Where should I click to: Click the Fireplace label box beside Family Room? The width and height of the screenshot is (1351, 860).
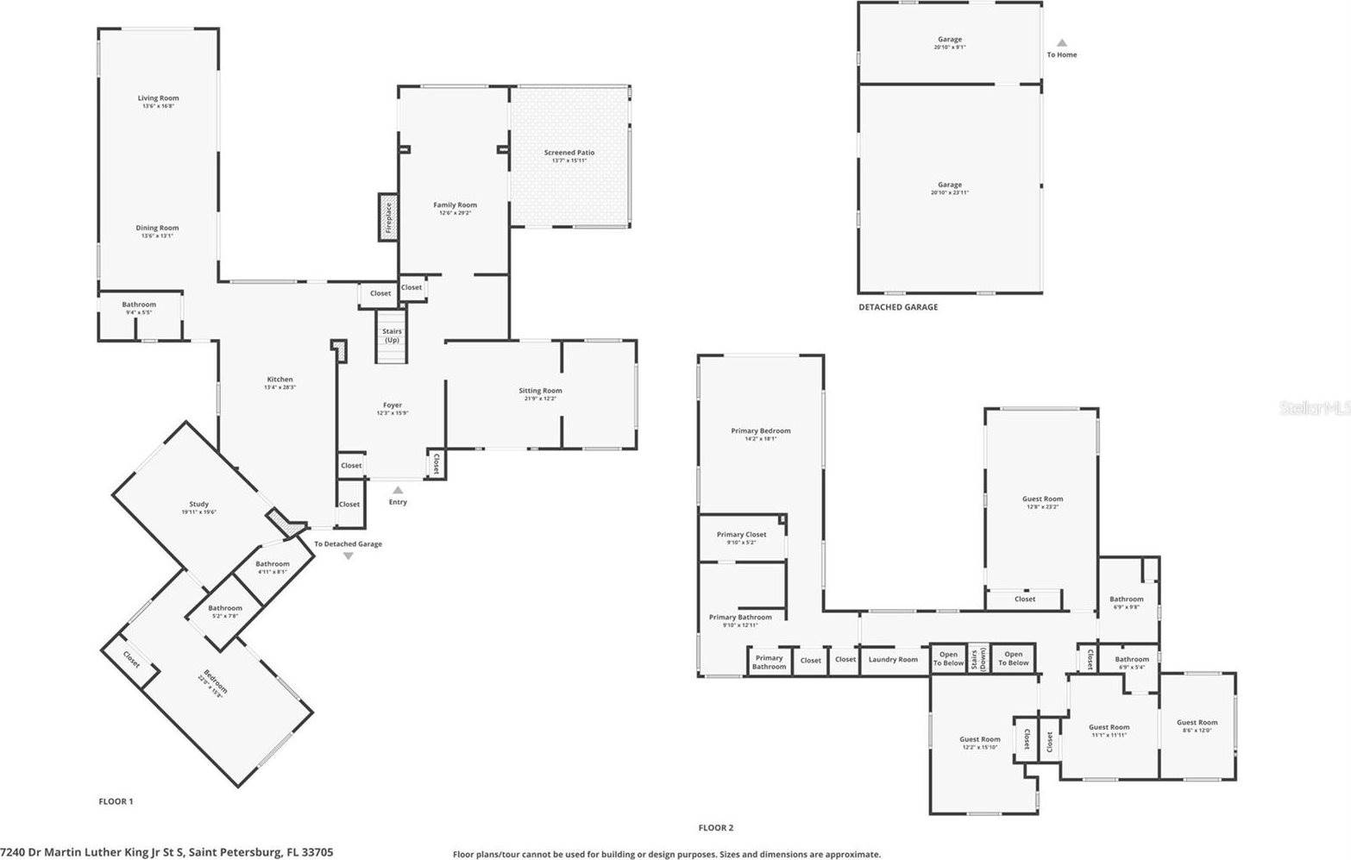[387, 217]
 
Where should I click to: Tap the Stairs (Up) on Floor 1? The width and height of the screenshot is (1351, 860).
[392, 335]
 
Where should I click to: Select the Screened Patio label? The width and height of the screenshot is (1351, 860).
[569, 153]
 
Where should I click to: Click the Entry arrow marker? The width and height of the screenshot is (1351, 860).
[398, 490]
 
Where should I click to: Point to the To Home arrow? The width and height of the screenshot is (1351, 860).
[1062, 42]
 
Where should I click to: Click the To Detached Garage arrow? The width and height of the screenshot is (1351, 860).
[348, 556]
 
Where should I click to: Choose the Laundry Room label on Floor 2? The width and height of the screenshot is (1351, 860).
[893, 660]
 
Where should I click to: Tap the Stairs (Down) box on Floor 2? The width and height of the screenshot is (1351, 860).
[978, 658]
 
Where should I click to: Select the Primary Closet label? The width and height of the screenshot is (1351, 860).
[741, 535]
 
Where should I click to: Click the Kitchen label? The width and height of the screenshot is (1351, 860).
[280, 380]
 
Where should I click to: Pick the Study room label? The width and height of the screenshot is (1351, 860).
[198, 505]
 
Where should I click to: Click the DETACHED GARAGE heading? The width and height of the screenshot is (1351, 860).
[897, 307]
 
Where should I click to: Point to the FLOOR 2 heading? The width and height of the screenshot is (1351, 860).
[715, 828]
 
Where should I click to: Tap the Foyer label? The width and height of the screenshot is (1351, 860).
[393, 405]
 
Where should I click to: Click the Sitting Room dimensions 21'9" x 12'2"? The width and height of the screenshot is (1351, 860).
[540, 399]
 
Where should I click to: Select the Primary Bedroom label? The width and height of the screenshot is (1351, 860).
[760, 431]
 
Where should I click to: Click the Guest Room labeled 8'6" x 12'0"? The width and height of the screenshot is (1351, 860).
[1197, 723]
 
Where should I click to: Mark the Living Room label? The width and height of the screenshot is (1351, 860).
[158, 98]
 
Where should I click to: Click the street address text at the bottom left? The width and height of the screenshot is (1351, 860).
[167, 852]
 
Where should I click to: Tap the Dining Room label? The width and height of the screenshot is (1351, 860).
[157, 229]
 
